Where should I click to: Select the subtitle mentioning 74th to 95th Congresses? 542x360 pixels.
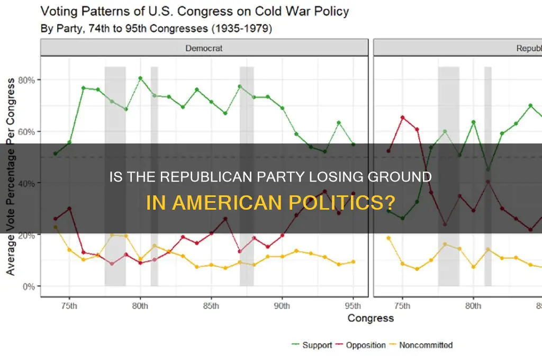[x=157, y=28]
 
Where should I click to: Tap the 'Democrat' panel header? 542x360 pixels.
[x=204, y=48]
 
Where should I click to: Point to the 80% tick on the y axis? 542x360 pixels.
[x=25, y=80]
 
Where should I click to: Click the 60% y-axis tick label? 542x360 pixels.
[x=25, y=131]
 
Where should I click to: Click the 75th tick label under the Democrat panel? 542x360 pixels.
[x=69, y=305]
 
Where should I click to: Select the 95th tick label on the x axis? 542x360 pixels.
[x=353, y=305]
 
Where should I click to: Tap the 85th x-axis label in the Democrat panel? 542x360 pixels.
[x=211, y=305]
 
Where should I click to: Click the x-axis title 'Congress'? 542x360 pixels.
[x=371, y=318]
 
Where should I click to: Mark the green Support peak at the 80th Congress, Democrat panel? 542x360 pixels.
[x=140, y=78]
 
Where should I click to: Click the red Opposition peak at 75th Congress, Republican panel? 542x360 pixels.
[x=402, y=117]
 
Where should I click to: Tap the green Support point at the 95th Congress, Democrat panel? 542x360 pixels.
[x=353, y=145]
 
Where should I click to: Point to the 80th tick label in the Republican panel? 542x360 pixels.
[x=473, y=305]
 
